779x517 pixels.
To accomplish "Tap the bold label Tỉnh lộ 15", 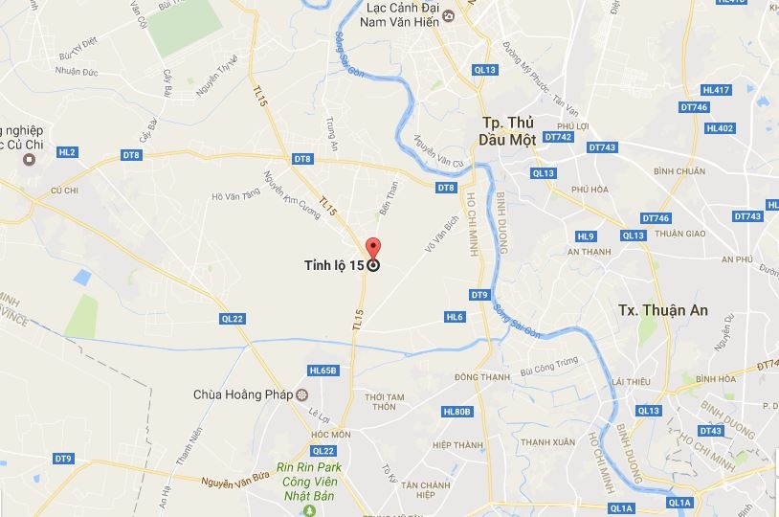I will click(327, 266).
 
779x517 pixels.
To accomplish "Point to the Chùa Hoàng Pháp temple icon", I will click(303, 393).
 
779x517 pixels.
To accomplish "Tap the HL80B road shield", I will click(457, 412).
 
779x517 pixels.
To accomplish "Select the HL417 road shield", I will click(716, 90).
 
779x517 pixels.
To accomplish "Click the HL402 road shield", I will click(719, 128).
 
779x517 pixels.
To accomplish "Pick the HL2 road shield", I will click(66, 152).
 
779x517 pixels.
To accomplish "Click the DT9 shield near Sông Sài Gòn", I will click(480, 294).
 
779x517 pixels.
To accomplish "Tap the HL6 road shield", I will click(455, 317).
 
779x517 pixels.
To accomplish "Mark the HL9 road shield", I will click(586, 236).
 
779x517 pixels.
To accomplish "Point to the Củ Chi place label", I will click(64, 190).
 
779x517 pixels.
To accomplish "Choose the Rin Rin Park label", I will click(311, 468).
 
